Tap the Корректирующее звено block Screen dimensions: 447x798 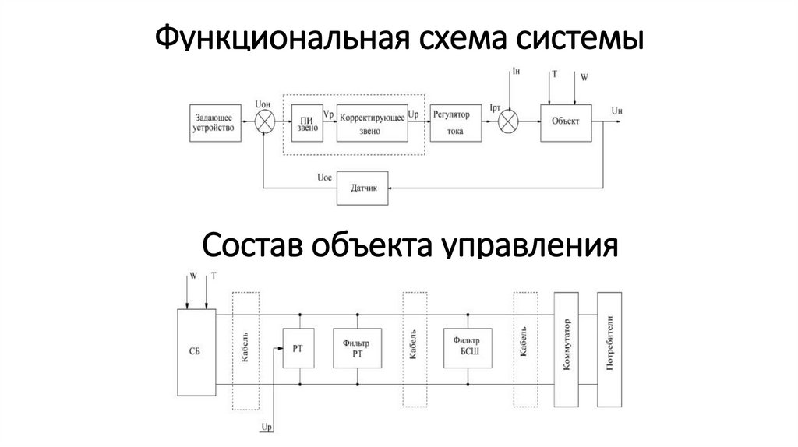click(371, 121)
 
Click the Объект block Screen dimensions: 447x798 click(566, 121)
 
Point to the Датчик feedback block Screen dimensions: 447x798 click(362, 188)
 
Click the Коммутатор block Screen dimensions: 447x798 click(567, 349)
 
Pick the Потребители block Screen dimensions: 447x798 click(610, 349)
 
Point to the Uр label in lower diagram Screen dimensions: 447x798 click(267, 428)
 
